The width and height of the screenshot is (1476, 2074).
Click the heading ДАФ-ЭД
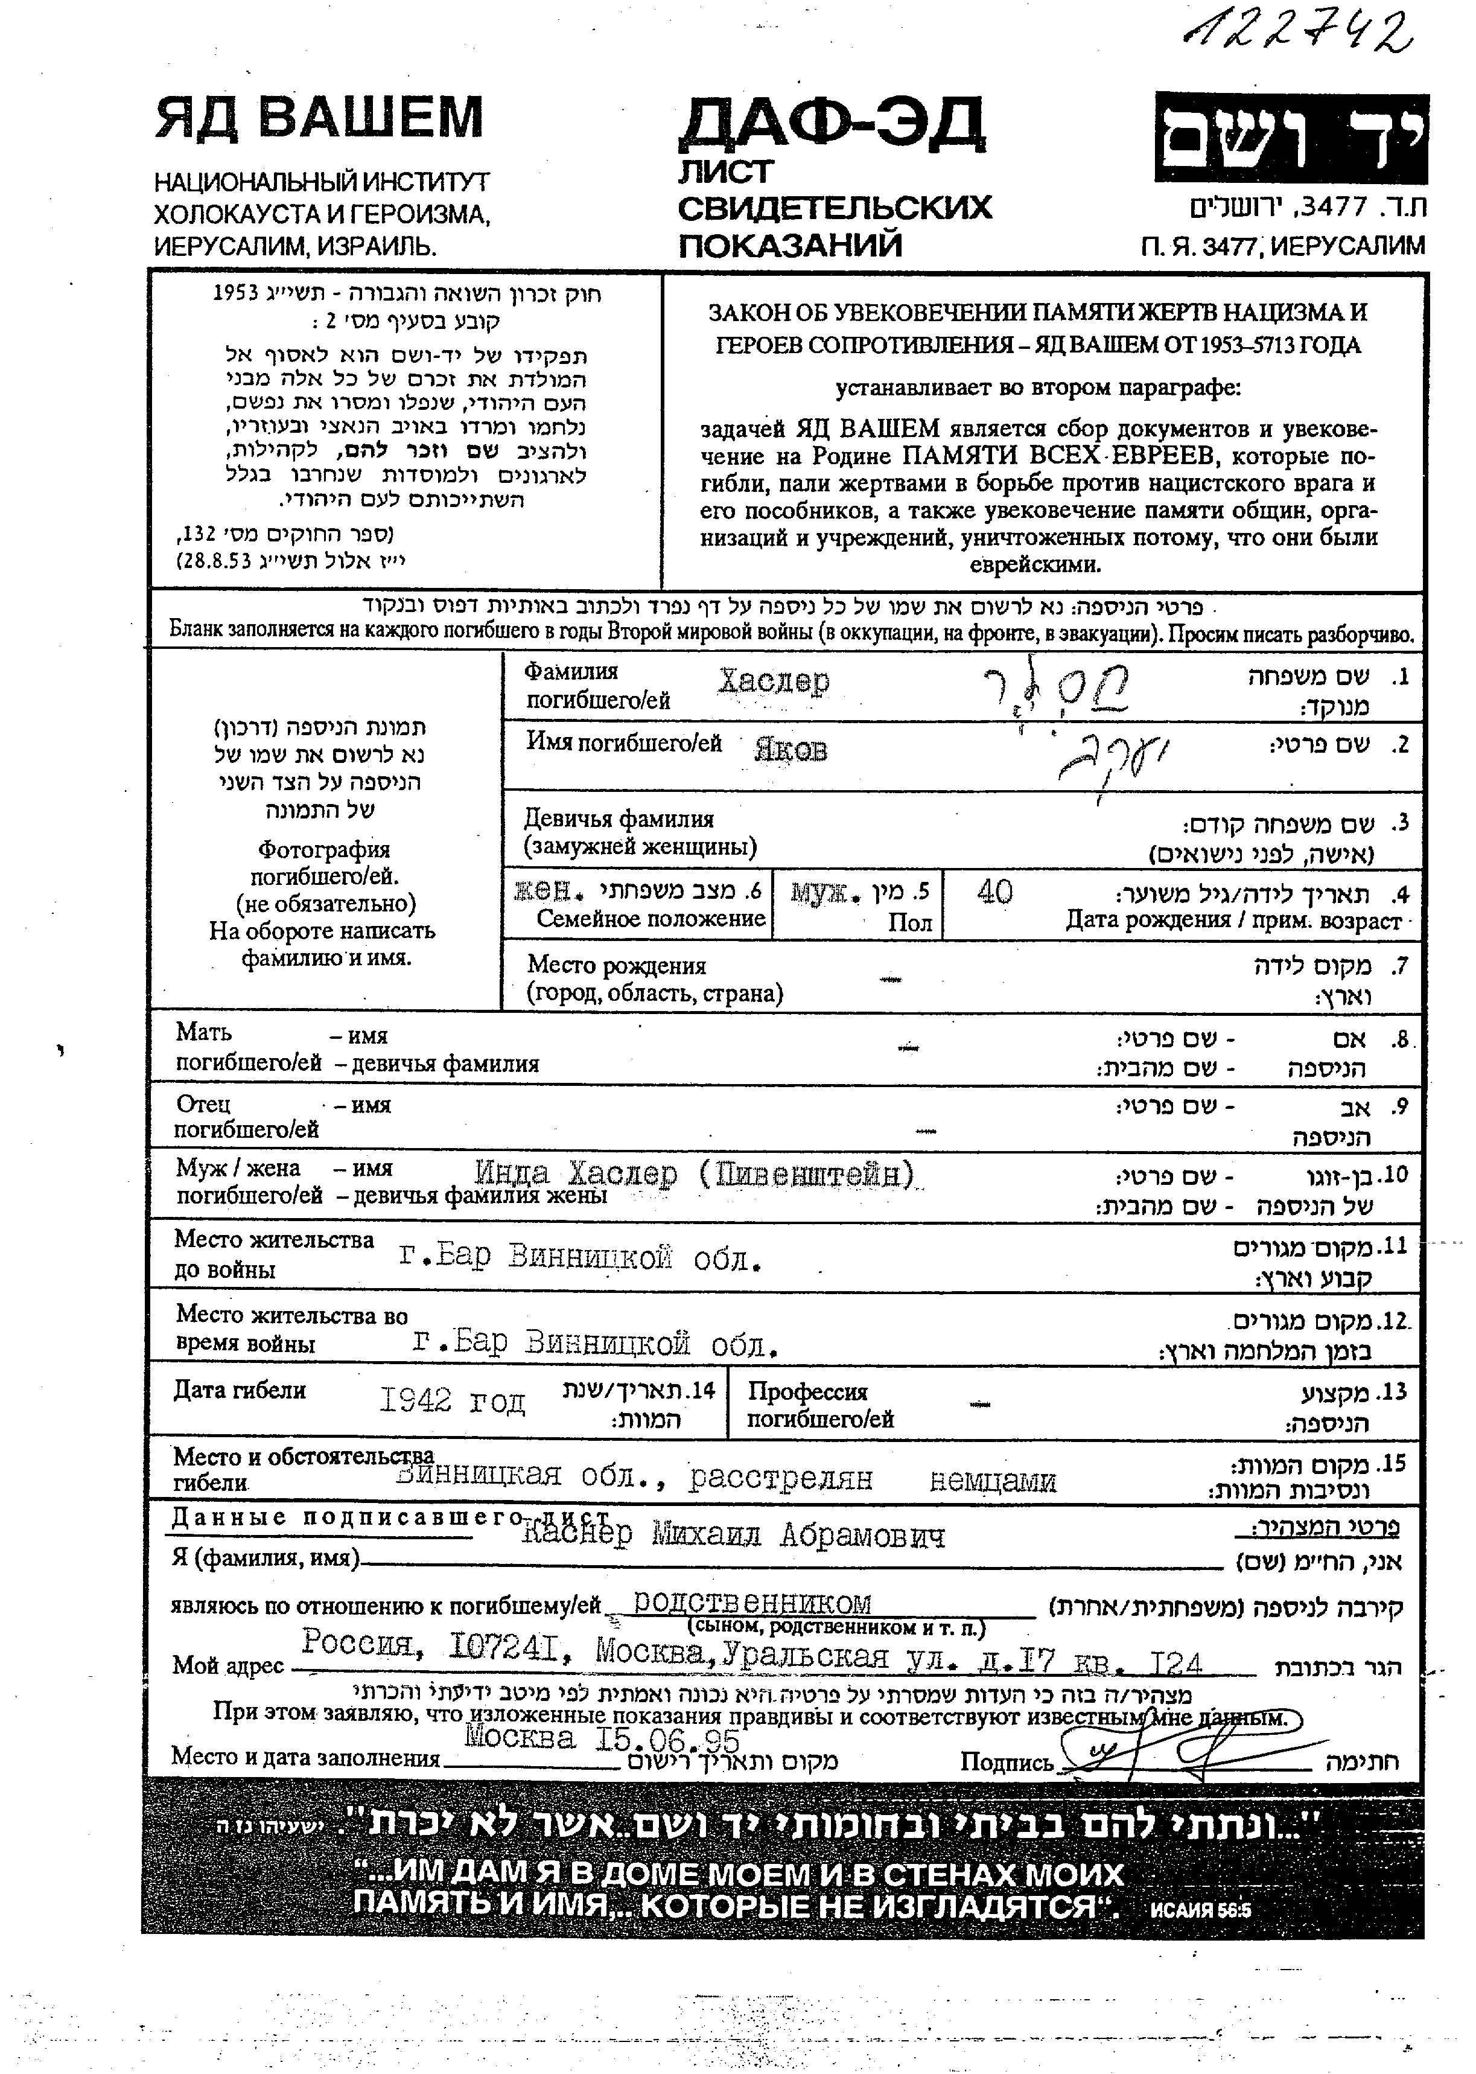pos(832,124)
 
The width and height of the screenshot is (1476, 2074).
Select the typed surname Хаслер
pos(774,681)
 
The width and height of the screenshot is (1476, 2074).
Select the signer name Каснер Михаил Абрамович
pos(733,1535)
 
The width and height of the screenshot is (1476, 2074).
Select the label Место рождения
pos(616,965)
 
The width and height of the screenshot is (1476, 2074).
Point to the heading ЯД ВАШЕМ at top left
pos(319,118)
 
